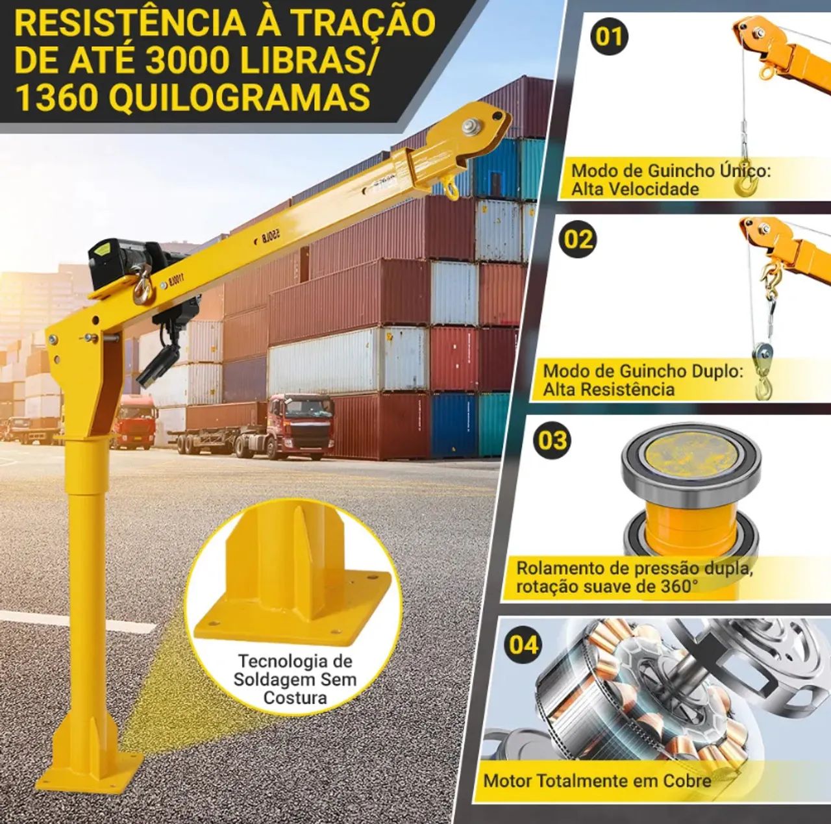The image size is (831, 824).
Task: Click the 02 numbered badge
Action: coord(578,240)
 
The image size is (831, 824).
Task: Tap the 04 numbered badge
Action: coord(524,645)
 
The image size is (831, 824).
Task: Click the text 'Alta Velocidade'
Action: coord(626,190)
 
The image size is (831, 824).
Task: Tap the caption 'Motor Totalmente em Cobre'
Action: coord(597,780)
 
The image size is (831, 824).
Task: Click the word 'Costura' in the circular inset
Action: coord(295,698)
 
